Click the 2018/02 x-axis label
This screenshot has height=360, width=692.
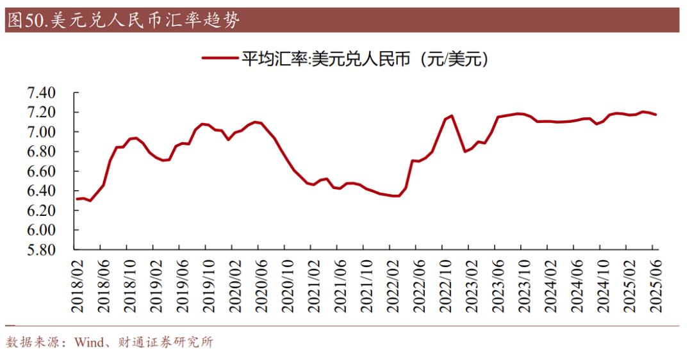click(x=77, y=285)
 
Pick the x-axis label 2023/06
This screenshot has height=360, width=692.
click(x=495, y=285)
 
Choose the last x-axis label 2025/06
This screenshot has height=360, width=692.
click(x=654, y=285)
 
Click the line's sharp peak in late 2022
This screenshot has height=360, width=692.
click(x=452, y=116)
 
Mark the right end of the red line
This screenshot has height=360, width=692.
click(x=655, y=115)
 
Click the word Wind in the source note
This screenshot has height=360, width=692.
click(x=88, y=343)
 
